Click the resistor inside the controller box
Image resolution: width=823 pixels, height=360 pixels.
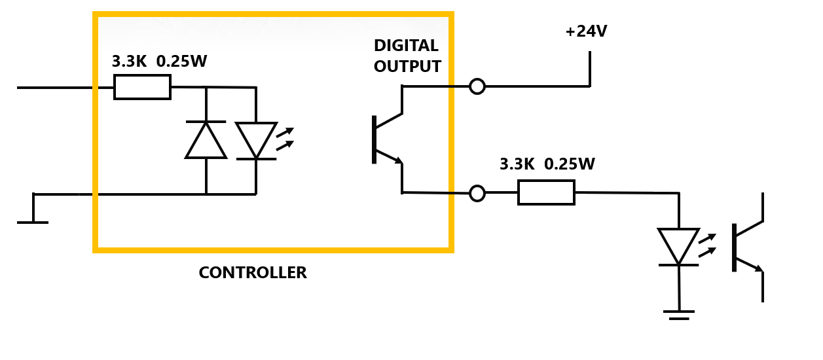pyautogui.click(x=142, y=87)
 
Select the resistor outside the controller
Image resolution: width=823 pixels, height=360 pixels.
pyautogui.click(x=546, y=192)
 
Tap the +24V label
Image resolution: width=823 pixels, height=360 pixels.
pyautogui.click(x=586, y=31)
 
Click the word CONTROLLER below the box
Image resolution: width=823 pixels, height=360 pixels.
pyautogui.click(x=253, y=273)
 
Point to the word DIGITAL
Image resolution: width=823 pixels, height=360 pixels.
pyautogui.click(x=406, y=46)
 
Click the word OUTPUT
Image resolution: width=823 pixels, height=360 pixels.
pyautogui.click(x=407, y=66)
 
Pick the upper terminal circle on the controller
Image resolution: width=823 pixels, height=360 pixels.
pyautogui.click(x=477, y=86)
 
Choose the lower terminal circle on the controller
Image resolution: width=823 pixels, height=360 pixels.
pyautogui.click(x=477, y=193)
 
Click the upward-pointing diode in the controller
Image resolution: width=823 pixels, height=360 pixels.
pyautogui.click(x=206, y=140)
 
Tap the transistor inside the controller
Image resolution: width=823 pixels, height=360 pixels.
pyautogui.click(x=386, y=139)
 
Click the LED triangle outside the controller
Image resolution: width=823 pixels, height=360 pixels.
pyautogui.click(x=678, y=246)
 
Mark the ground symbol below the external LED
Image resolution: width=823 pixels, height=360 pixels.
pyautogui.click(x=679, y=315)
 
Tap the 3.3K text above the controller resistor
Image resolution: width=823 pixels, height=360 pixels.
pyautogui.click(x=129, y=62)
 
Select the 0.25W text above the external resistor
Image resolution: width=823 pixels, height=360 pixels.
pyautogui.click(x=570, y=164)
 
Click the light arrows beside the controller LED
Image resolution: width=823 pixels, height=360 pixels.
pyautogui.click(x=285, y=139)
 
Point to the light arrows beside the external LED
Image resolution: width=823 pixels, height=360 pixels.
pyautogui.click(x=707, y=245)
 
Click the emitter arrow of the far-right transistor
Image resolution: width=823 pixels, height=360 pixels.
pyautogui.click(x=756, y=267)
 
